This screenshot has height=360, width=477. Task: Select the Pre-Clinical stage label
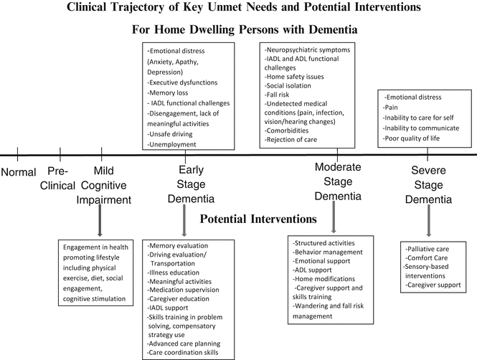click(x=61, y=179)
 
